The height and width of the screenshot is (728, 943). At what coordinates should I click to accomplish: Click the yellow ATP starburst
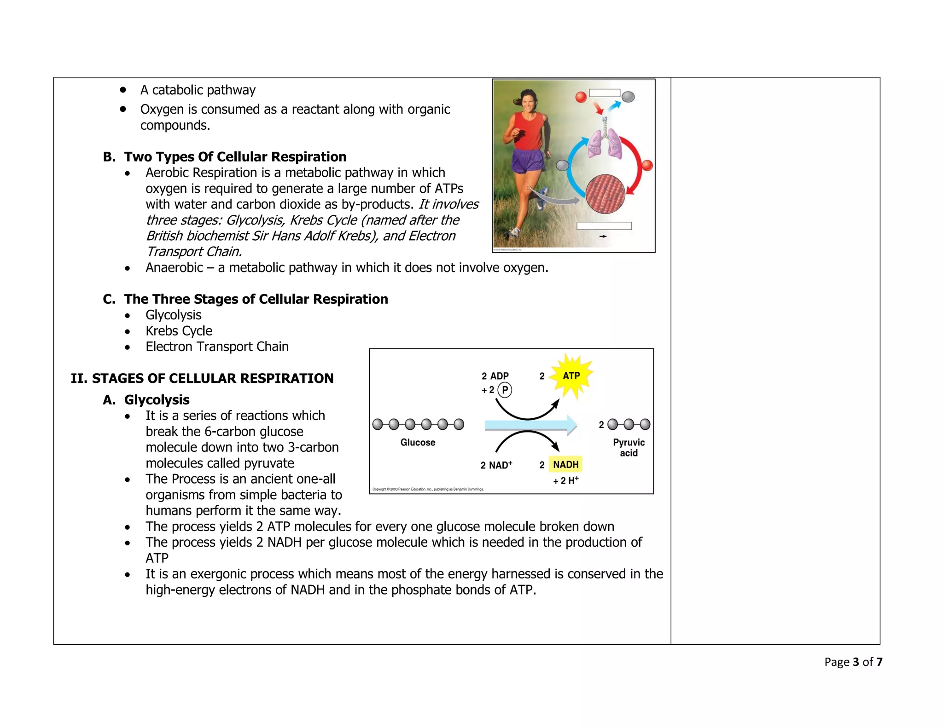571,376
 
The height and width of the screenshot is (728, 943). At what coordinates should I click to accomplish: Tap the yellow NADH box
565,464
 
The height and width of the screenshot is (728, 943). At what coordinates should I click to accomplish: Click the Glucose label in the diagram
418,442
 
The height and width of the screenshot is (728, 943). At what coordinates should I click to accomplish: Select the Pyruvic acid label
629,447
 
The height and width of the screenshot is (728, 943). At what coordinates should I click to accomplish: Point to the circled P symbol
505,390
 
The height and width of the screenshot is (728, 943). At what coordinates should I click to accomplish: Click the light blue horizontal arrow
530,425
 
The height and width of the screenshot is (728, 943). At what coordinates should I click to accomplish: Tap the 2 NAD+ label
496,465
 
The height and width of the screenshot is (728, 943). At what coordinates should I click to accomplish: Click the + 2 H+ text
565,481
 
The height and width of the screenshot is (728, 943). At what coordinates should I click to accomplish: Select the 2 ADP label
495,376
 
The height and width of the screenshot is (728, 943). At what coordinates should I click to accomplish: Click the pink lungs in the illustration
605,143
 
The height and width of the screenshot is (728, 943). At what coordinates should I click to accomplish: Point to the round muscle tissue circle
605,194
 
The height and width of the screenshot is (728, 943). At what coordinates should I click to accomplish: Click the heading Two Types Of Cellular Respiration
235,157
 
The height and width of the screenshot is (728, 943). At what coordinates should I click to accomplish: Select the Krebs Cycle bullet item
179,331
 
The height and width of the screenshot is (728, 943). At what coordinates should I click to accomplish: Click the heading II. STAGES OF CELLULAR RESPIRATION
202,378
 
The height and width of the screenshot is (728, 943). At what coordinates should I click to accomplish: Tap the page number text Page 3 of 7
853,662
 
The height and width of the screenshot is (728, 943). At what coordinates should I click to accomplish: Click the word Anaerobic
174,268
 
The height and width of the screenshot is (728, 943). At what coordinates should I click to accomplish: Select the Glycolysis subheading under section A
157,400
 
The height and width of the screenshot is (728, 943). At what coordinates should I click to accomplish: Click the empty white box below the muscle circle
604,226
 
